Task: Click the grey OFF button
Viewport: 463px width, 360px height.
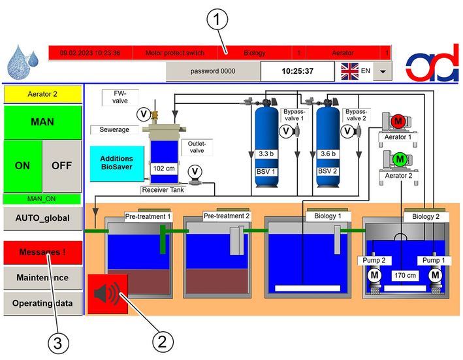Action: click(x=62, y=166)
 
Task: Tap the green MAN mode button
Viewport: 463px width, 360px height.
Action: click(x=42, y=122)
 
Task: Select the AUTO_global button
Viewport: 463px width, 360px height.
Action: click(x=42, y=218)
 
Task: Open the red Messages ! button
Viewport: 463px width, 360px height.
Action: click(x=42, y=252)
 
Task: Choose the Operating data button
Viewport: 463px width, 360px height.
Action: click(x=42, y=303)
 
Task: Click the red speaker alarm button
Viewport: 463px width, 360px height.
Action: click(x=108, y=294)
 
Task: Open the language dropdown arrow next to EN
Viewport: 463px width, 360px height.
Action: click(x=383, y=71)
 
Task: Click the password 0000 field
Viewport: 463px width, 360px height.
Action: click(x=213, y=71)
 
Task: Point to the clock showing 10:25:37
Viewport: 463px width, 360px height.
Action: click(x=297, y=71)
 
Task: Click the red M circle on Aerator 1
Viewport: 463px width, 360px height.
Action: click(x=398, y=121)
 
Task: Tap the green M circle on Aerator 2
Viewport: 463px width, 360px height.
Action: click(x=400, y=159)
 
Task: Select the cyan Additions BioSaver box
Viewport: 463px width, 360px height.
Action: click(x=117, y=163)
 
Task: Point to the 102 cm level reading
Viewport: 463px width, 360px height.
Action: click(x=164, y=169)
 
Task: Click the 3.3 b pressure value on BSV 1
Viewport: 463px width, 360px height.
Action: click(x=266, y=154)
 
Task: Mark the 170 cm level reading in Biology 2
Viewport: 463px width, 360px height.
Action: click(x=405, y=276)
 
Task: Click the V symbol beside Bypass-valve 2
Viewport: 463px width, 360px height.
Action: click(x=348, y=131)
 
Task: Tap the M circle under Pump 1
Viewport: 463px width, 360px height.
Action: click(x=435, y=275)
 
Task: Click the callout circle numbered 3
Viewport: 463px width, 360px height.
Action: click(x=58, y=343)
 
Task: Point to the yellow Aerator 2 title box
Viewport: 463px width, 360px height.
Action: click(x=42, y=94)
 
